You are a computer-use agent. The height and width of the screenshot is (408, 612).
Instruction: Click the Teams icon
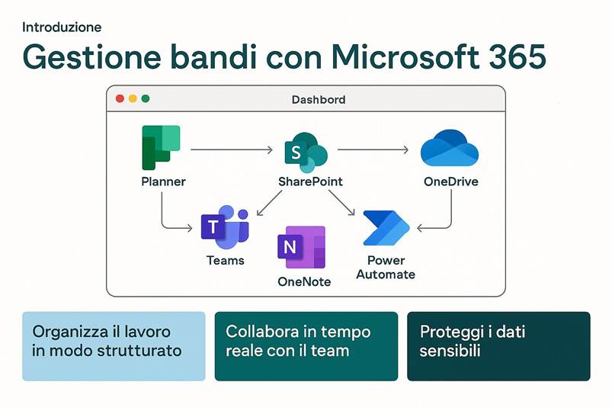225,227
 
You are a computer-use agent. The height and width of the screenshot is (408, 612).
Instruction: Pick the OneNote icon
302,247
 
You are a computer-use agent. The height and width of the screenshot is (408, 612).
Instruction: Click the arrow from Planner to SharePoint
231,150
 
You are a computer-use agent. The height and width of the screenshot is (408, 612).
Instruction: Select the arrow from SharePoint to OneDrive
373,150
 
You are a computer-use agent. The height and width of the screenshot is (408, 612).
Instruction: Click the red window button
119,98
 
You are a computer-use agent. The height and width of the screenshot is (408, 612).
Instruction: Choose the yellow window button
132,98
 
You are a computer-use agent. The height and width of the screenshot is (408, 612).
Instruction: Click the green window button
145,98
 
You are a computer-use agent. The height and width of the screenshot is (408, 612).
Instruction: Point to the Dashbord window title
319,99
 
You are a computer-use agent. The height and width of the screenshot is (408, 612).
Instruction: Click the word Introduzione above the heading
62,27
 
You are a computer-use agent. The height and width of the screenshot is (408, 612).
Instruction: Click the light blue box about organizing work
114,345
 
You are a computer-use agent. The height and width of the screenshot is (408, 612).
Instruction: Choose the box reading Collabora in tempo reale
306,345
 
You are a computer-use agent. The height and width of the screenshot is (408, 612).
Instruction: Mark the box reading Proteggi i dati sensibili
498,345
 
